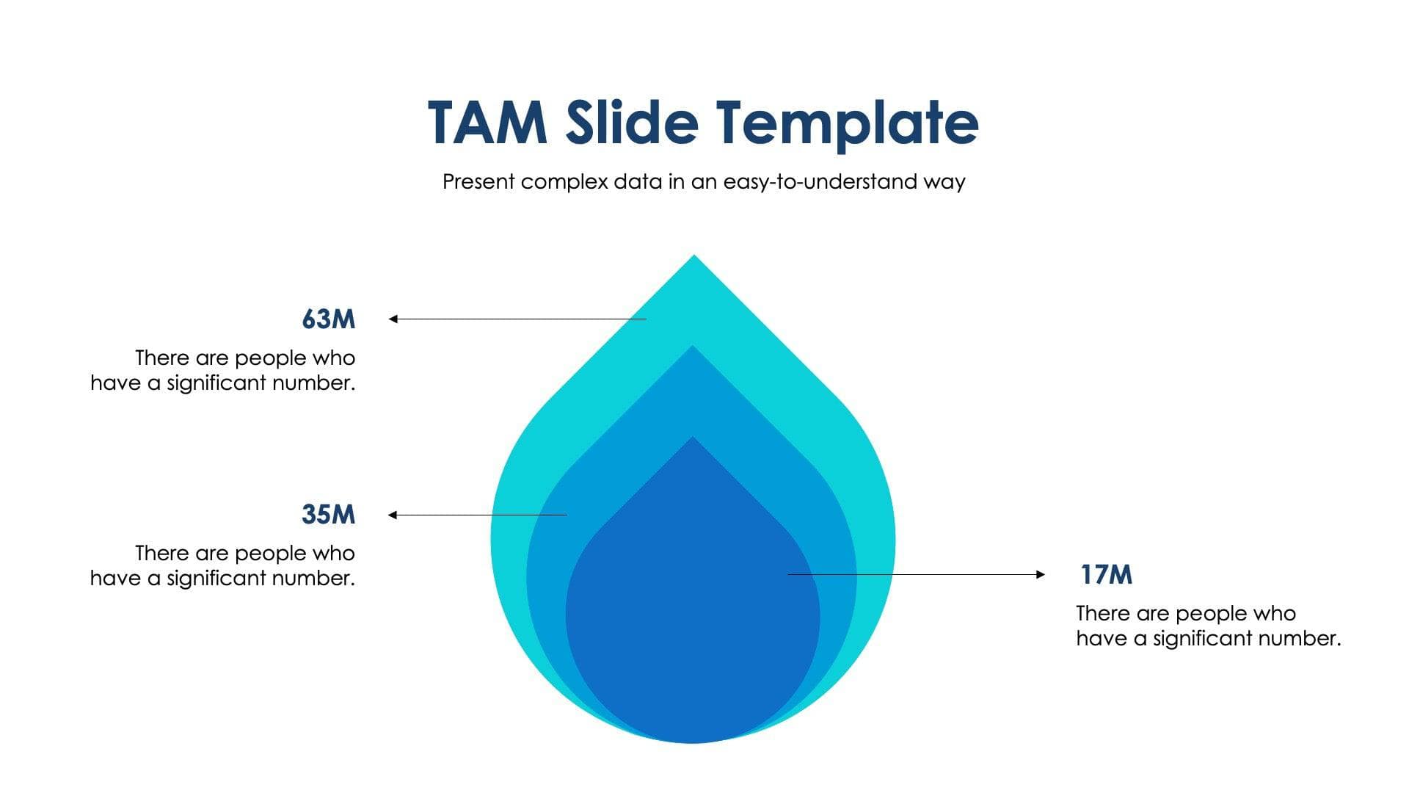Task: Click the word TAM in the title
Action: (488, 123)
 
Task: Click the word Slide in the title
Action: (631, 123)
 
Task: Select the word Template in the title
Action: (848, 123)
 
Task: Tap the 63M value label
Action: (328, 319)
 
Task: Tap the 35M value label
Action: (328, 514)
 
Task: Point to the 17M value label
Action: (1106, 574)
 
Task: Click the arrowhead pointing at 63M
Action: (393, 319)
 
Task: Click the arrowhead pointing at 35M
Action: (393, 515)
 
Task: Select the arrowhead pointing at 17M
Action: (1041, 574)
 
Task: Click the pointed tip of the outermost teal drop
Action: (693, 258)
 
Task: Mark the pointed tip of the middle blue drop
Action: (692, 348)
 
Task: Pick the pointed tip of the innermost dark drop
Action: (692, 440)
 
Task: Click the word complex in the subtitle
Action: (564, 182)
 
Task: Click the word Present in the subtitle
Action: (478, 182)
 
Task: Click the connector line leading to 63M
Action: (521, 319)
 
